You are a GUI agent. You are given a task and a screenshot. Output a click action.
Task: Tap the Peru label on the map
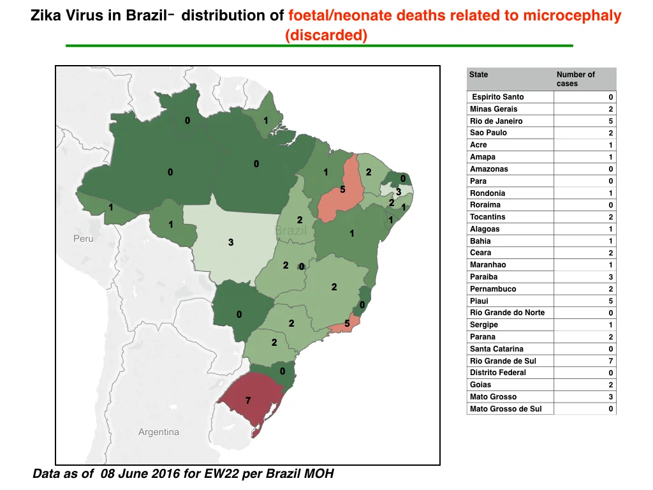(84, 239)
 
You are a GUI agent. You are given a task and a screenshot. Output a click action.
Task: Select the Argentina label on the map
(159, 432)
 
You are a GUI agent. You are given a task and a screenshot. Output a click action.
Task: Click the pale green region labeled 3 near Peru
(231, 242)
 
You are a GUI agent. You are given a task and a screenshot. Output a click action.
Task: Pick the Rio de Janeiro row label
(496, 121)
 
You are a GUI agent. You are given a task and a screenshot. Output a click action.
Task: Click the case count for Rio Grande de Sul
(610, 361)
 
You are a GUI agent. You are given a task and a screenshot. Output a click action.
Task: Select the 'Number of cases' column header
(576, 78)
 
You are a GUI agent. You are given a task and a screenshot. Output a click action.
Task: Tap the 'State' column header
(478, 75)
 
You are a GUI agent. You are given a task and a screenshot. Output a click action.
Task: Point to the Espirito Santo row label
(497, 97)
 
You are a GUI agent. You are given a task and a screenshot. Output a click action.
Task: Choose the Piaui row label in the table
(479, 301)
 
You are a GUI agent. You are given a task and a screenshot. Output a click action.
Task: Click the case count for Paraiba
(610, 277)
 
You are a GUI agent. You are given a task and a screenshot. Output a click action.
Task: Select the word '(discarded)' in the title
(326, 35)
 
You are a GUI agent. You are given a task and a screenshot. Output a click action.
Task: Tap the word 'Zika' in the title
(46, 15)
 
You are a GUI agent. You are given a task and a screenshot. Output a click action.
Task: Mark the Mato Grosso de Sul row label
(506, 409)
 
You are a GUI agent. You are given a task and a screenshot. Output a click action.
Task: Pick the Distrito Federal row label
(497, 373)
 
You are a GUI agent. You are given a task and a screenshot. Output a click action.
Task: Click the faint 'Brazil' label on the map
(291, 230)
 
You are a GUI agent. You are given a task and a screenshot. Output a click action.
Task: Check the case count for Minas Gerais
(610, 109)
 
